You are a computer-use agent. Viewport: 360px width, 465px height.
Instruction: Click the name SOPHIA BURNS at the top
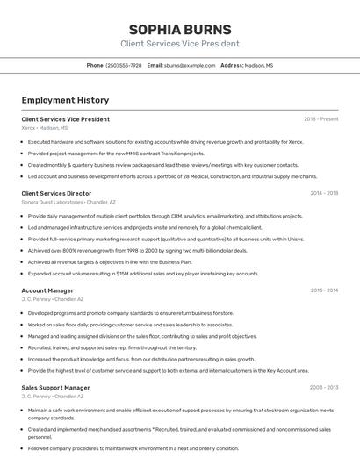(179, 29)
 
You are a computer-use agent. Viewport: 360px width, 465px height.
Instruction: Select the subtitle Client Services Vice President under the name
(179, 44)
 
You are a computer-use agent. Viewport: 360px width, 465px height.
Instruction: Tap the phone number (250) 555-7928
(124, 65)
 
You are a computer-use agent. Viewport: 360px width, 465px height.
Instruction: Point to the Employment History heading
(65, 100)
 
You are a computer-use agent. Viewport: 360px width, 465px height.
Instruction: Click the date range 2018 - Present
(321, 118)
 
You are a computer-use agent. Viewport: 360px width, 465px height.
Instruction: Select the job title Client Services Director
(56, 193)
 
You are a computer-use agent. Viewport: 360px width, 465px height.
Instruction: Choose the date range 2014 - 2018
(324, 193)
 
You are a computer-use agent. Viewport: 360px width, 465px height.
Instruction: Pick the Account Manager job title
(47, 290)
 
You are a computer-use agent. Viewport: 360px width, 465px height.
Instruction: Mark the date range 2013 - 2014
(324, 290)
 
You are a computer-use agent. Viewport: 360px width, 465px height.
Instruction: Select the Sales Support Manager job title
(55, 387)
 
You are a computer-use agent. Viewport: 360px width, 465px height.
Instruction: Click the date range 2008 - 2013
(324, 387)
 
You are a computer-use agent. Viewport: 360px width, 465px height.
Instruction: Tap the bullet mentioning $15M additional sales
(143, 273)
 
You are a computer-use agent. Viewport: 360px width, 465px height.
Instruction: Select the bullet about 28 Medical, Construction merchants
(172, 175)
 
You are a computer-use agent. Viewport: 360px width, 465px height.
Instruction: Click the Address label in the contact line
(232, 65)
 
